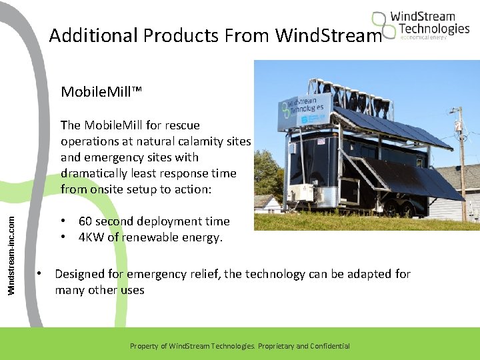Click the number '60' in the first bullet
[x=86, y=221]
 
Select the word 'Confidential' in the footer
[x=327, y=346]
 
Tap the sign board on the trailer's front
[x=304, y=110]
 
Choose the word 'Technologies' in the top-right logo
[x=434, y=28]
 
